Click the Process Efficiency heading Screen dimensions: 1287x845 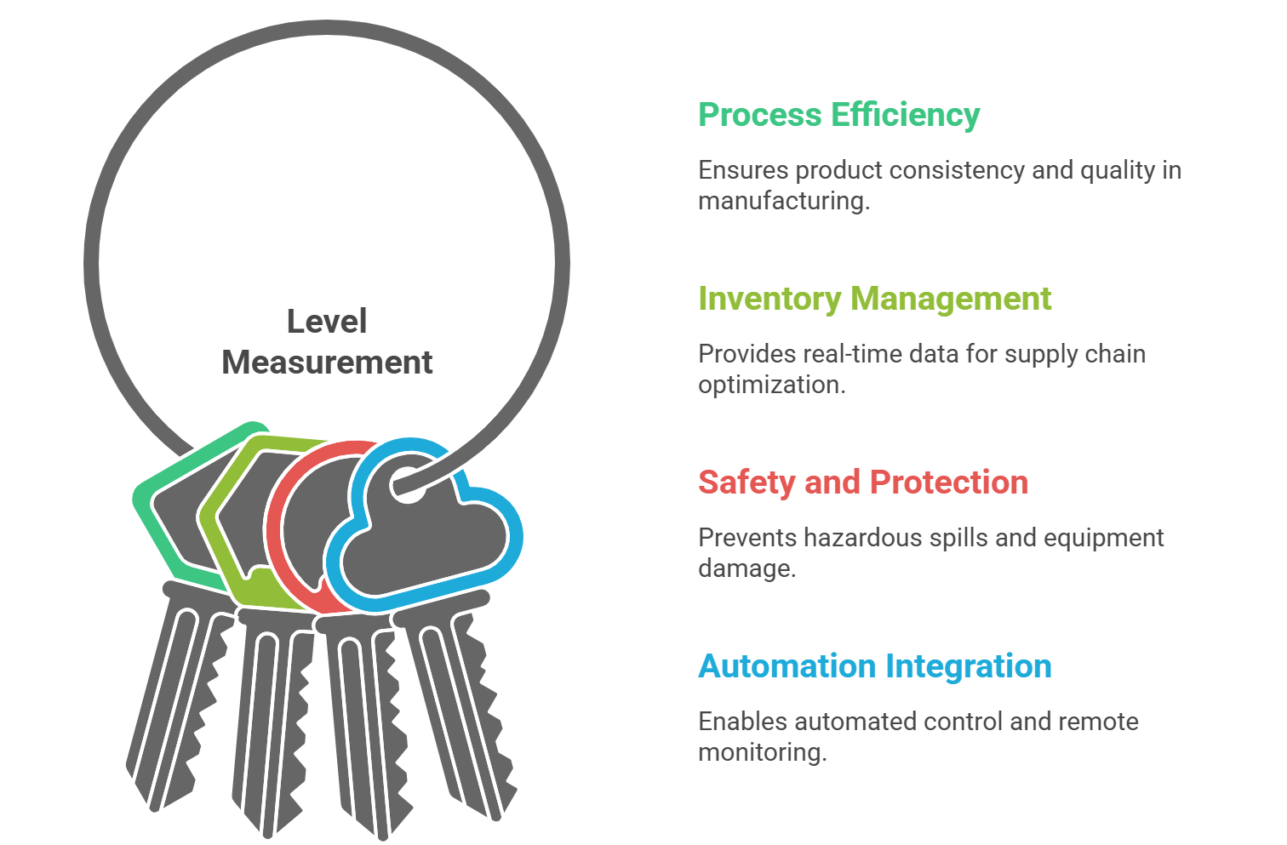[839, 115]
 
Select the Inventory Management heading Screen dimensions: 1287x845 [874, 299]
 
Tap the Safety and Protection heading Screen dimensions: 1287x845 [863, 482]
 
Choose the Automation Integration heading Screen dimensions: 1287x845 [874, 666]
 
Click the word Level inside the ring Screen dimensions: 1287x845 [326, 321]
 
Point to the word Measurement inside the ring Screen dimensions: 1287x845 [327, 363]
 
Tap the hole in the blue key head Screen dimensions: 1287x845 [408, 485]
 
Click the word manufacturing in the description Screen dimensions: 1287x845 [784, 202]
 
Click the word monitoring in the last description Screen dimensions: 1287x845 [762, 752]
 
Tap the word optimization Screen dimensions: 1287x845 [772, 385]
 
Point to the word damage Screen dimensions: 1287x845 [746, 569]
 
